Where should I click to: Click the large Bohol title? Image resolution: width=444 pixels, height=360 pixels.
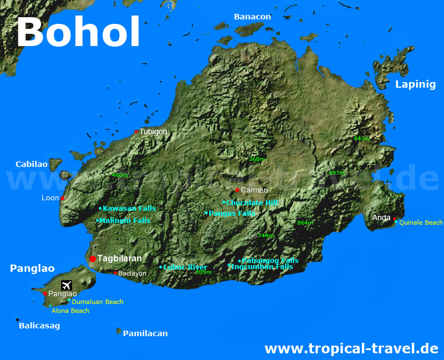[78, 32]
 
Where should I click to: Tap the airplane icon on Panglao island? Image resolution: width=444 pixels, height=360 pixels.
[67, 285]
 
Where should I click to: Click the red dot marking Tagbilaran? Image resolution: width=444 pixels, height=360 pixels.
[93, 259]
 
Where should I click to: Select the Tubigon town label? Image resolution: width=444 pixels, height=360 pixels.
[153, 131]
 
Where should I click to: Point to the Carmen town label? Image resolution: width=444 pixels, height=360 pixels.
[254, 190]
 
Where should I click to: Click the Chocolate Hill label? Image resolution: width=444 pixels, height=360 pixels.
[252, 203]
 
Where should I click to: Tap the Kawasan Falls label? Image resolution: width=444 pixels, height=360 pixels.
[129, 209]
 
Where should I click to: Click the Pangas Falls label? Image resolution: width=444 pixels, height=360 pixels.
[232, 213]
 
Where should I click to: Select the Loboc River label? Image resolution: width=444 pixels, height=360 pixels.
[185, 267]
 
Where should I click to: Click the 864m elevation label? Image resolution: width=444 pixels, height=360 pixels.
[305, 223]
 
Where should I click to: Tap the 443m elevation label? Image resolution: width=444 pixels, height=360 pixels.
[361, 138]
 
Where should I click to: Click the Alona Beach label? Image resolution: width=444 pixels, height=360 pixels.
[70, 311]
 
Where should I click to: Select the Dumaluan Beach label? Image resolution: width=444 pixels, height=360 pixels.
[98, 302]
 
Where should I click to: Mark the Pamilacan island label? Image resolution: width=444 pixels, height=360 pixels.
[145, 333]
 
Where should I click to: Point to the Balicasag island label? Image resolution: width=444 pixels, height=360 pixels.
[39, 326]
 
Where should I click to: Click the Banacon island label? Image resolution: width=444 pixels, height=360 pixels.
[253, 17]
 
